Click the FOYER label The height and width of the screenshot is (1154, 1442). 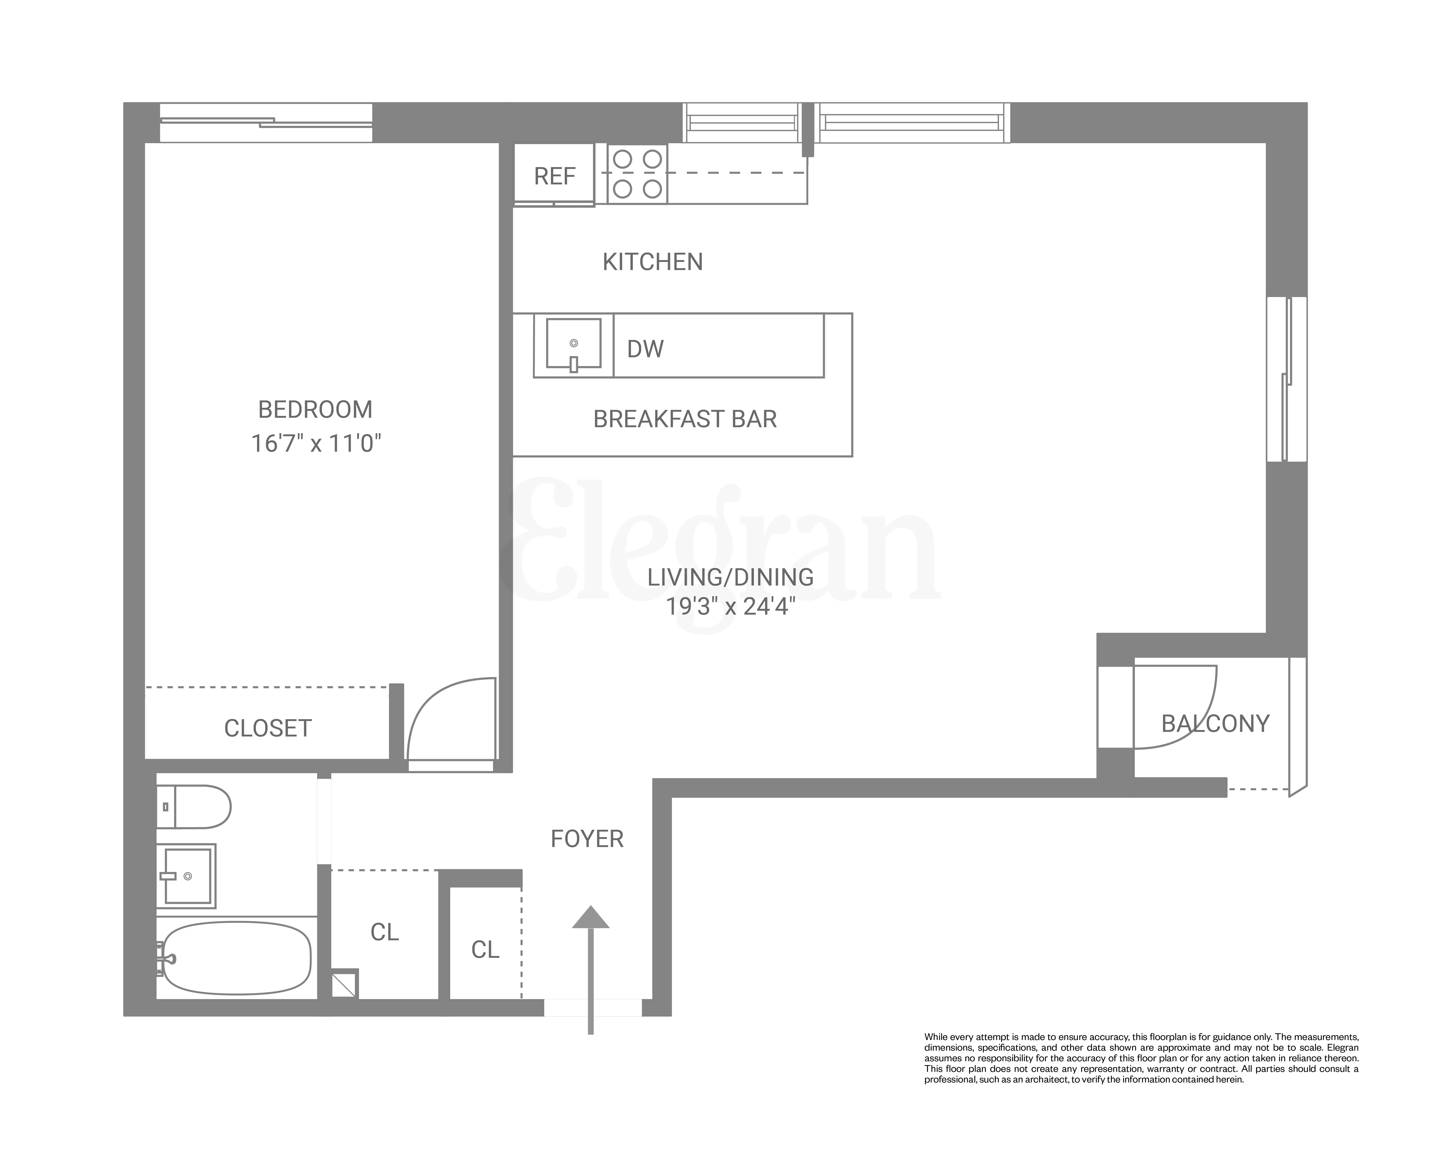click(586, 839)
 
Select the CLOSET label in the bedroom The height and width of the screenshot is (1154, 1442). click(268, 729)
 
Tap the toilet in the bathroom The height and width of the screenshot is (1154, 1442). click(197, 807)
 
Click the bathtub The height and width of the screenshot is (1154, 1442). click(236, 958)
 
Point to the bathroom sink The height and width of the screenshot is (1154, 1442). click(187, 876)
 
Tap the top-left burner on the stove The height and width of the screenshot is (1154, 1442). click(623, 159)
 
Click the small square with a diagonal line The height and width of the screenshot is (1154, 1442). click(345, 983)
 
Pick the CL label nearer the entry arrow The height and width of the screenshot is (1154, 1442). click(485, 949)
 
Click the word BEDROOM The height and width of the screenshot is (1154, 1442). click(315, 409)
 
